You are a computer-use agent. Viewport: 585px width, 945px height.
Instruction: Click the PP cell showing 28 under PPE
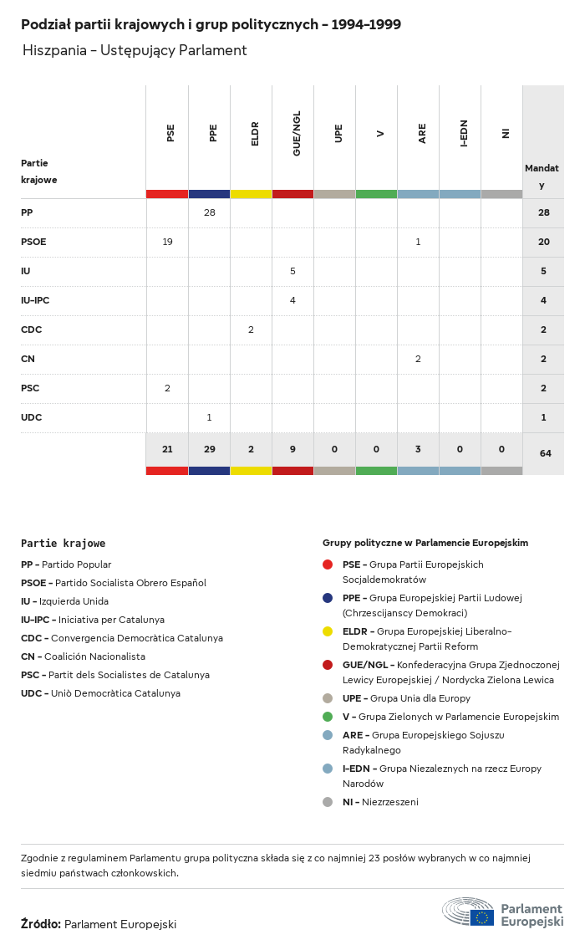(x=209, y=213)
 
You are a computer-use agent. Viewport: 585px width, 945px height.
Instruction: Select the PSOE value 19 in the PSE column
(x=167, y=243)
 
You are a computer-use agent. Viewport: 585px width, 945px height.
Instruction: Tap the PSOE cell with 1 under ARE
(x=418, y=243)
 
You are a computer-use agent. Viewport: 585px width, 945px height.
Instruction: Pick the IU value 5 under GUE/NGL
(x=292, y=272)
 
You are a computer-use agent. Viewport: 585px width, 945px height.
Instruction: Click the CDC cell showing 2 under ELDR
(x=251, y=330)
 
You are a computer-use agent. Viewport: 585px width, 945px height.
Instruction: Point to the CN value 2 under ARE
(x=418, y=360)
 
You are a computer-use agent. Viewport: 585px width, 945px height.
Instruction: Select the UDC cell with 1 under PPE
(x=209, y=418)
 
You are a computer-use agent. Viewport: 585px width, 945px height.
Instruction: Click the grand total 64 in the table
(x=545, y=453)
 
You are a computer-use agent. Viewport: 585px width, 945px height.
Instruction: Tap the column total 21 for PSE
(x=167, y=450)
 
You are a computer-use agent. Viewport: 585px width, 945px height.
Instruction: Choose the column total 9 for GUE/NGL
(x=292, y=450)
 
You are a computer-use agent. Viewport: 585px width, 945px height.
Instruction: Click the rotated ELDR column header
(x=255, y=134)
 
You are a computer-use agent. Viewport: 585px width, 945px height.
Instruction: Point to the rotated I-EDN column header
(x=464, y=134)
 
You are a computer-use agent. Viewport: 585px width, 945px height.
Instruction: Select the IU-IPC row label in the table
(x=36, y=301)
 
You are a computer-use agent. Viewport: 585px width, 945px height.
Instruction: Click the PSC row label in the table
(x=30, y=389)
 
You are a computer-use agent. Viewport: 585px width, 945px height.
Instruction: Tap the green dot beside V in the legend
(x=328, y=717)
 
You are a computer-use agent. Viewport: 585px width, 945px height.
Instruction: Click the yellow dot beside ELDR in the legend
(x=328, y=631)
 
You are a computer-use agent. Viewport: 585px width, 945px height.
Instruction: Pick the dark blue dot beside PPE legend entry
(x=328, y=598)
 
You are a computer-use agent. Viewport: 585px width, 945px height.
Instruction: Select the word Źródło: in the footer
(x=40, y=924)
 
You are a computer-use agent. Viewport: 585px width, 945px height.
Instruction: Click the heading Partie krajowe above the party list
(x=63, y=544)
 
